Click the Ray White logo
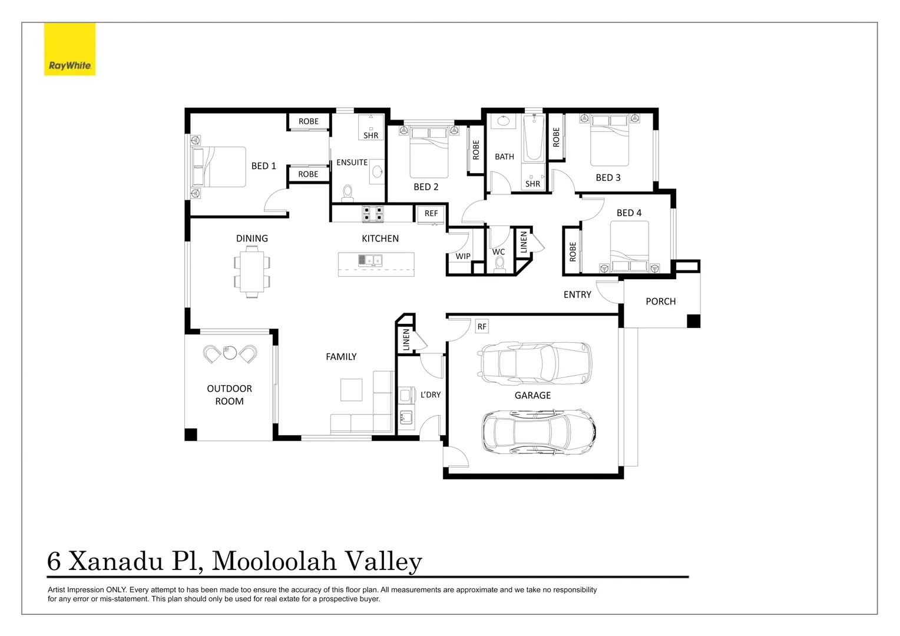click(x=70, y=49)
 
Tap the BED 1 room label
click(x=263, y=166)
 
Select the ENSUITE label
click(x=352, y=163)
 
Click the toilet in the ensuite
click(x=348, y=193)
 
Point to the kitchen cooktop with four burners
click(x=372, y=214)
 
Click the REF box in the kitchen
click(x=431, y=213)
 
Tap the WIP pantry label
click(x=463, y=256)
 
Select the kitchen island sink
click(x=370, y=260)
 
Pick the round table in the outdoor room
click(x=230, y=353)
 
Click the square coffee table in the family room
click(x=351, y=389)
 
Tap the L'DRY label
click(x=430, y=395)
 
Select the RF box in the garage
click(x=482, y=326)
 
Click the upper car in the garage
click(x=535, y=361)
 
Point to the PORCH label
click(x=660, y=302)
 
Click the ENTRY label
click(x=577, y=294)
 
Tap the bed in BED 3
click(x=610, y=140)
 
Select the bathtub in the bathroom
click(x=534, y=138)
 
